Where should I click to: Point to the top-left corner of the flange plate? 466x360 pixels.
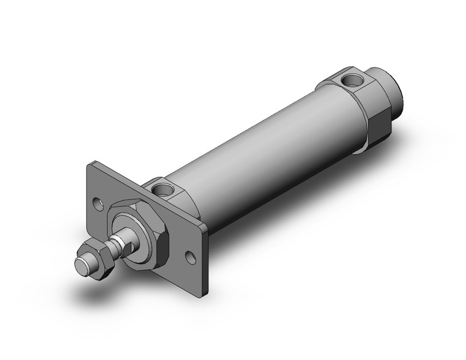click(90, 165)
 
